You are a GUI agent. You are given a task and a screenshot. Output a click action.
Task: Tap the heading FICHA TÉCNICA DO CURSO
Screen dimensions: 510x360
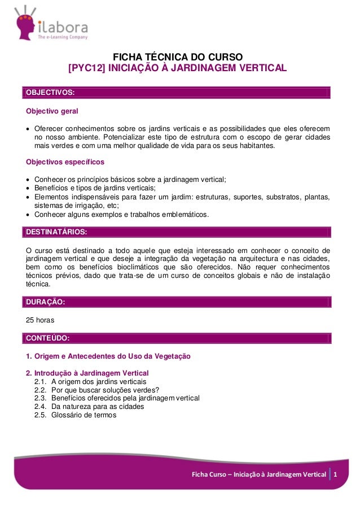pos(178,58)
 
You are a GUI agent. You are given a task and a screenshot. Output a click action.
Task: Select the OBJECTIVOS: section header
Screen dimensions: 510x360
pos(50,92)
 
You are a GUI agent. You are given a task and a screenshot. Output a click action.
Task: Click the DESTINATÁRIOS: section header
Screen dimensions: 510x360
pos(55,232)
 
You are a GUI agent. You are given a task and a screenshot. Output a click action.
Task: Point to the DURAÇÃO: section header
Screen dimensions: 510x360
pos(45,302)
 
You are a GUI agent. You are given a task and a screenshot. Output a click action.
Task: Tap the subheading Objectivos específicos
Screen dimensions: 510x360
pos(65,163)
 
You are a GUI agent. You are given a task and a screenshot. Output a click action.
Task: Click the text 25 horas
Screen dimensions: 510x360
pos(42,320)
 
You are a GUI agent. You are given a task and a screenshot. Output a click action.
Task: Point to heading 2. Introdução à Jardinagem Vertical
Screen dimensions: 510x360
pos(87,373)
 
